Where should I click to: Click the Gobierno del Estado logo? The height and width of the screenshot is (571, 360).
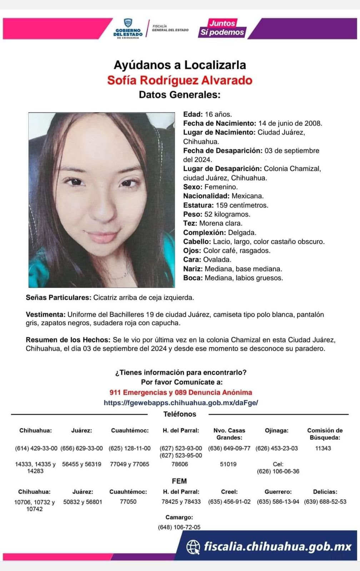tap(128, 29)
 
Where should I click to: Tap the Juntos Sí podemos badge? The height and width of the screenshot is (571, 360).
tap(222, 28)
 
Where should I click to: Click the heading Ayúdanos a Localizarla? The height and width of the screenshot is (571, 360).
tap(180, 65)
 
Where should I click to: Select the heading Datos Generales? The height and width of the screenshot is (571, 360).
tap(180, 95)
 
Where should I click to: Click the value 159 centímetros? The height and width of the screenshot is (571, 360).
tap(242, 205)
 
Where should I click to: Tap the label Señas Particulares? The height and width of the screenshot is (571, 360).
tap(58, 297)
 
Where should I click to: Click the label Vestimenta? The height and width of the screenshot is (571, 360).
tap(45, 314)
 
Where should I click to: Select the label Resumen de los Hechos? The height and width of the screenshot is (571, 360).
tap(68, 340)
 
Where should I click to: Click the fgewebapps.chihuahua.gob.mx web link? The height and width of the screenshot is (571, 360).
tap(181, 403)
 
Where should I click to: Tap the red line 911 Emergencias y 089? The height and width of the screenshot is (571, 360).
tap(181, 393)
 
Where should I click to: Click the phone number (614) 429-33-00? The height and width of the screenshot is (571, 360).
tap(36, 448)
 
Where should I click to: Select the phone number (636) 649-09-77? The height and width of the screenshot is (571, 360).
tap(229, 448)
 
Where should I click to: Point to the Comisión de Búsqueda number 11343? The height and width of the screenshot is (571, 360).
tap(323, 448)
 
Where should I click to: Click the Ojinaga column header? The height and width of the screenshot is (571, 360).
tap(276, 430)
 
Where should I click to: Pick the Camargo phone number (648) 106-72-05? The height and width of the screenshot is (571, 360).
tap(179, 527)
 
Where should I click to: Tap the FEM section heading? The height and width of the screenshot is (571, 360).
tap(179, 481)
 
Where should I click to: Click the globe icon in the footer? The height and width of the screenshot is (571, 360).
tap(193, 547)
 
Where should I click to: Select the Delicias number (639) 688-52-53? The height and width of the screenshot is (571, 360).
tap(325, 501)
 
